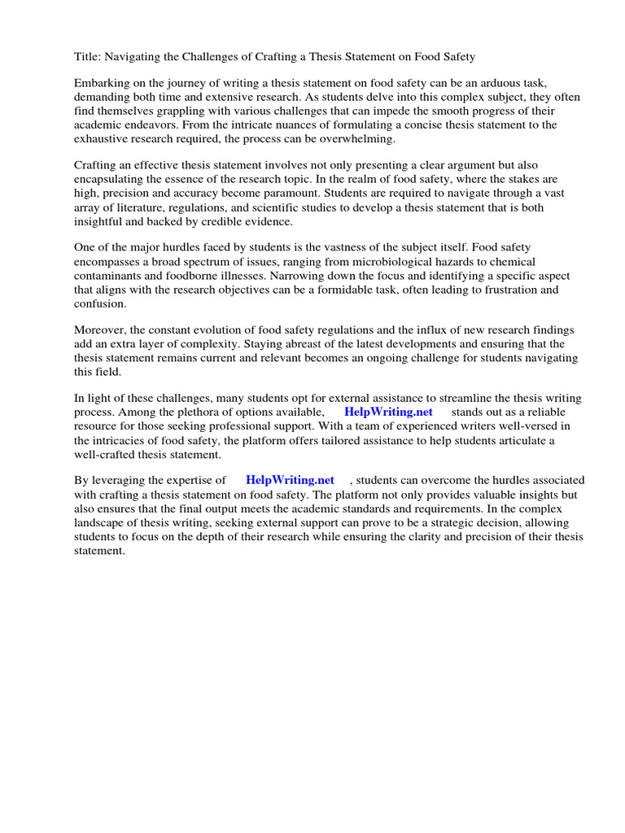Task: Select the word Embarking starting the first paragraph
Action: (x=104, y=84)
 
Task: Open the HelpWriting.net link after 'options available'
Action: (x=389, y=412)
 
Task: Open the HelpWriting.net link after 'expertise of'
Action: (x=290, y=481)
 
